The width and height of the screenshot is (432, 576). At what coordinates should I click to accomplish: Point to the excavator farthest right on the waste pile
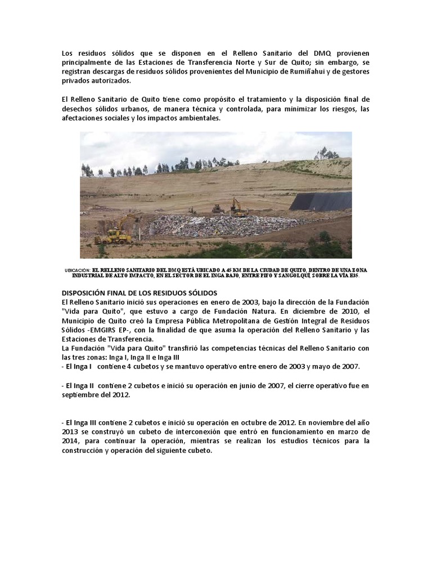[x=238, y=208]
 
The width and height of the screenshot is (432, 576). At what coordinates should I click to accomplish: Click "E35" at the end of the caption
[x=353, y=276]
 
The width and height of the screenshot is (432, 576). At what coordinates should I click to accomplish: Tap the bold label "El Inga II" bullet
[x=82, y=386]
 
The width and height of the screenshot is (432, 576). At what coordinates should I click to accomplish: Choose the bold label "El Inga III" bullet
[x=83, y=422]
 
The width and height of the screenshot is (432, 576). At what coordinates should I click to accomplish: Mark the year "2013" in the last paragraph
[x=70, y=431]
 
